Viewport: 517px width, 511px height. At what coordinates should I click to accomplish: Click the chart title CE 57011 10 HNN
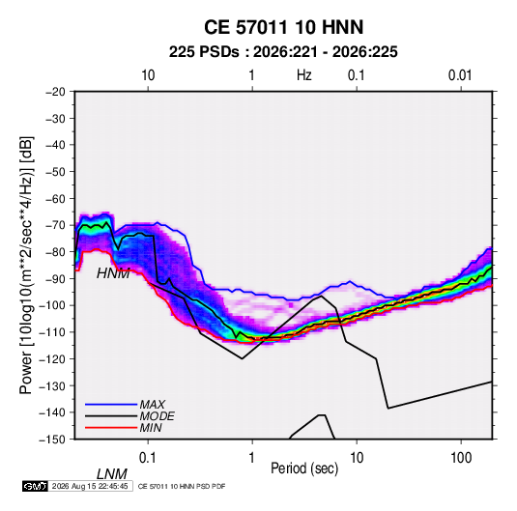pyautogui.click(x=283, y=27)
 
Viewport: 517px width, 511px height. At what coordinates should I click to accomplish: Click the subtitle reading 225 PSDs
pyautogui.click(x=204, y=52)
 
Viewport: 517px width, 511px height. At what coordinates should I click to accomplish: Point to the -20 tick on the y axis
pyautogui.click(x=55, y=92)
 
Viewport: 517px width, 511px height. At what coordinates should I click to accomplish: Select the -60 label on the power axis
pyautogui.click(x=55, y=198)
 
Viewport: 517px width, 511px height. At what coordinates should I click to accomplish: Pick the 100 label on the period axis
pyautogui.click(x=461, y=458)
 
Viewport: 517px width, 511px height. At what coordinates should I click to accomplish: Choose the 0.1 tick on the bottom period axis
pyautogui.click(x=148, y=458)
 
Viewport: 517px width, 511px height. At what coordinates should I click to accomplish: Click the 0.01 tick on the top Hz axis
pyautogui.click(x=460, y=75)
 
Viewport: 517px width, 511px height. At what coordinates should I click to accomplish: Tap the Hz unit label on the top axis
pyautogui.click(x=304, y=75)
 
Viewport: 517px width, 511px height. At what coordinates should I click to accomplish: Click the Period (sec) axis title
pyautogui.click(x=304, y=468)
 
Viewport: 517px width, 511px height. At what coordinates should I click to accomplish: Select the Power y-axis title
pyautogui.click(x=26, y=265)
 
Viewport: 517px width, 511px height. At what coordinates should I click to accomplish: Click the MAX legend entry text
pyautogui.click(x=153, y=405)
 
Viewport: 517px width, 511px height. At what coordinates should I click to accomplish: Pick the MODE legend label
pyautogui.click(x=157, y=416)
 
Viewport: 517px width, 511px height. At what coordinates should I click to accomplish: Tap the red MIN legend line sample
pyautogui.click(x=111, y=428)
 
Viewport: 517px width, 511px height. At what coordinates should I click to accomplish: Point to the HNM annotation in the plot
pyautogui.click(x=113, y=273)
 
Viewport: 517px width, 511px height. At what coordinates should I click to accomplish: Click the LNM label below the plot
pyautogui.click(x=112, y=474)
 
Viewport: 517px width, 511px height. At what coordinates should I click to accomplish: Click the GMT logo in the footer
pyautogui.click(x=36, y=486)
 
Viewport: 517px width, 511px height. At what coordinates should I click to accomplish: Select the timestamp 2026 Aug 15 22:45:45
pyautogui.click(x=90, y=486)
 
